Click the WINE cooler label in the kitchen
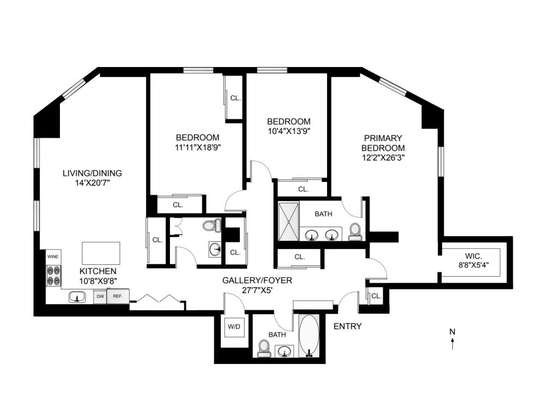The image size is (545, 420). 53,257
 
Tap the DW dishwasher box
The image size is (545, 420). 100,296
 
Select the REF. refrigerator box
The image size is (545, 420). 118,296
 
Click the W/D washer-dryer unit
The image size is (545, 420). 234,327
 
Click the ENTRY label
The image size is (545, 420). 348,326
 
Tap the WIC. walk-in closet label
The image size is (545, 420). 474,257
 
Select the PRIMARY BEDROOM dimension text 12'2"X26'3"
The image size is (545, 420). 383,158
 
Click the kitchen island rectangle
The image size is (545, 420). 101,253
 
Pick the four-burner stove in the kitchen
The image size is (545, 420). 54,276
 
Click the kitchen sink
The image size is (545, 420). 77,297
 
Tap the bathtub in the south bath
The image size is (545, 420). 309,336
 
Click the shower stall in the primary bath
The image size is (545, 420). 288,222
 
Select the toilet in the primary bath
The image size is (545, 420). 355,232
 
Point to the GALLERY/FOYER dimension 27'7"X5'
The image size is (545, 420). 257,290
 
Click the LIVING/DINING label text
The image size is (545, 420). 92,173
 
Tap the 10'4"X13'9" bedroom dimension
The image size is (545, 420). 288,131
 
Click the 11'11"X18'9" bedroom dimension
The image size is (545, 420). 198,147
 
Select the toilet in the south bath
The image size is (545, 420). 263,349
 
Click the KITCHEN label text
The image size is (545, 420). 98,271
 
